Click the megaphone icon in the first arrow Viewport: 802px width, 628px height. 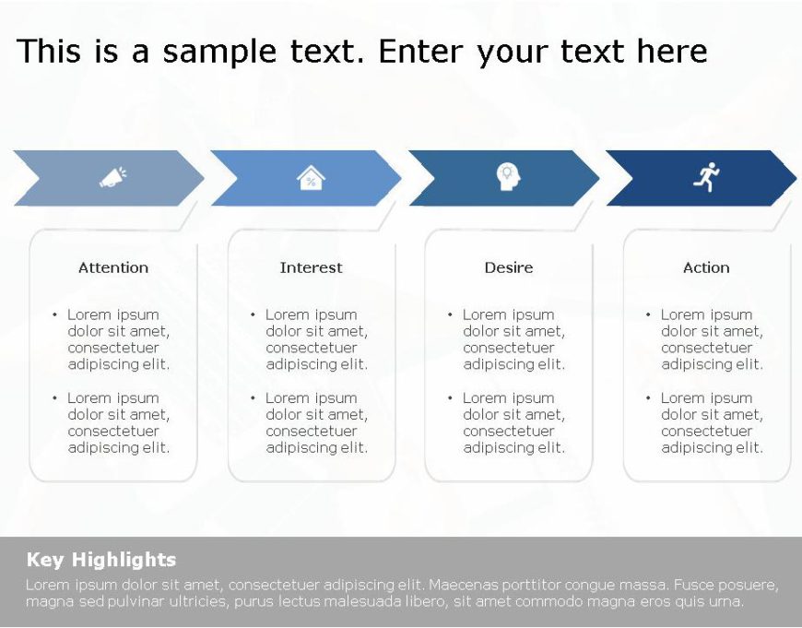pyautogui.click(x=112, y=177)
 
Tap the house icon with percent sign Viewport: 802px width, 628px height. pyautogui.click(x=311, y=177)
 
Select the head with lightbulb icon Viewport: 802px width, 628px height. pyautogui.click(x=508, y=176)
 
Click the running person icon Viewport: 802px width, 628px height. pyautogui.click(x=706, y=176)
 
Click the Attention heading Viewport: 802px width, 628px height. pyautogui.click(x=113, y=267)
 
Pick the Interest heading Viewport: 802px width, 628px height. pyautogui.click(x=311, y=267)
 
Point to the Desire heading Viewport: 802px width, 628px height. pyautogui.click(x=509, y=267)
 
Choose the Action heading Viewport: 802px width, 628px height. pyautogui.click(x=706, y=267)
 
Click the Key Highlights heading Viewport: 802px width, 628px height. pyautogui.click(x=101, y=560)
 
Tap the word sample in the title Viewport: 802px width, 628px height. pyautogui.click(x=208, y=52)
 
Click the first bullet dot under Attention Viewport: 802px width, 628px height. pyautogui.click(x=54, y=314)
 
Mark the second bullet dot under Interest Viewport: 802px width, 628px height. pyautogui.click(x=253, y=398)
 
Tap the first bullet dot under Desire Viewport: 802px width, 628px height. pyautogui.click(x=450, y=314)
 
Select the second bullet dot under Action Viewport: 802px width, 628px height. pyautogui.click(x=648, y=398)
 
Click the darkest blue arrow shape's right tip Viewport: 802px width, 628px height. pyautogui.click(x=794, y=178)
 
